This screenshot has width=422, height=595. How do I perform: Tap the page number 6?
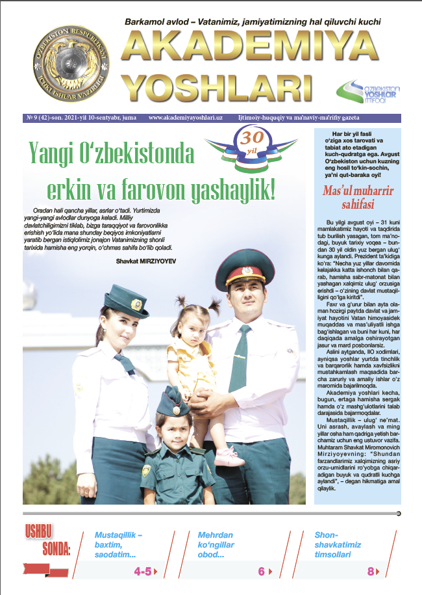pyautogui.click(x=261, y=572)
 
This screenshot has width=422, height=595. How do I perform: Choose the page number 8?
pyautogui.click(x=371, y=572)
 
